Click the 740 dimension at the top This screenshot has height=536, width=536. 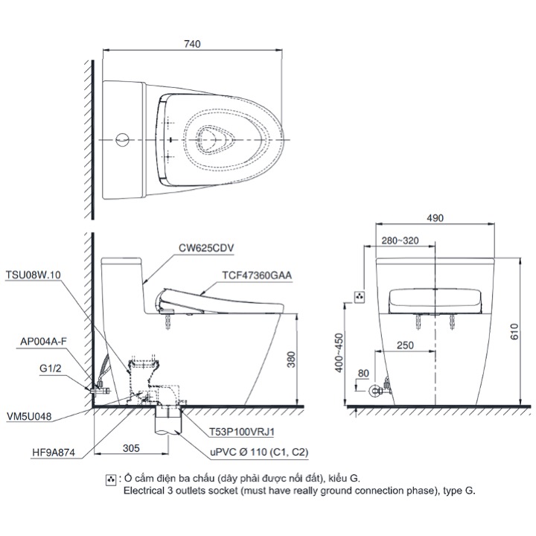192,44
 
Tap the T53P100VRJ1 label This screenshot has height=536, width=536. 240,430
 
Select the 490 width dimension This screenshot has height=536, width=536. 435,218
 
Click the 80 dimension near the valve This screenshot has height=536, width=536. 363,372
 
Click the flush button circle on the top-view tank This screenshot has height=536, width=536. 124,139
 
